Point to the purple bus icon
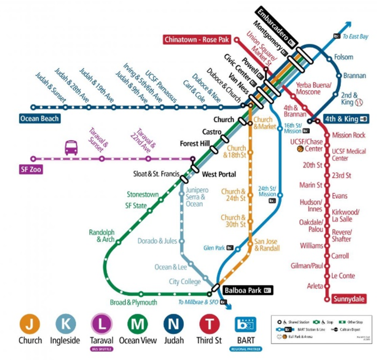pos(71,147)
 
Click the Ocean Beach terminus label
pos(39,119)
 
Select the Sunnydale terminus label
pos(349,299)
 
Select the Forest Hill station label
pos(195,144)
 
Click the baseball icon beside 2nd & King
pos(360,103)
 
